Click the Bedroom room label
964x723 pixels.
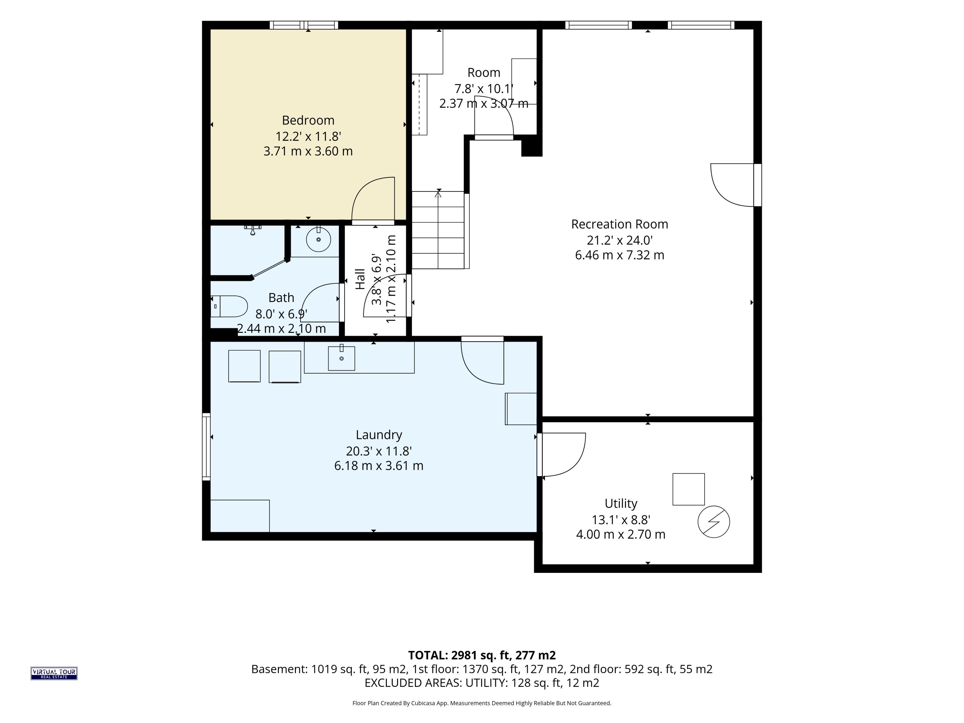point(308,120)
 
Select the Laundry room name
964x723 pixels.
point(379,435)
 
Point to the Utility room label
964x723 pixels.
point(621,504)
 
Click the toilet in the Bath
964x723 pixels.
point(229,306)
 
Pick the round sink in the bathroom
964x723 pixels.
point(319,239)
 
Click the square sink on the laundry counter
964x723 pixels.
point(341,358)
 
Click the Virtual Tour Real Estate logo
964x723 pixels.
point(54,673)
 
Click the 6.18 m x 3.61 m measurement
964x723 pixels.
point(379,466)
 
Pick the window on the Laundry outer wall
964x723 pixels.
point(206,447)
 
